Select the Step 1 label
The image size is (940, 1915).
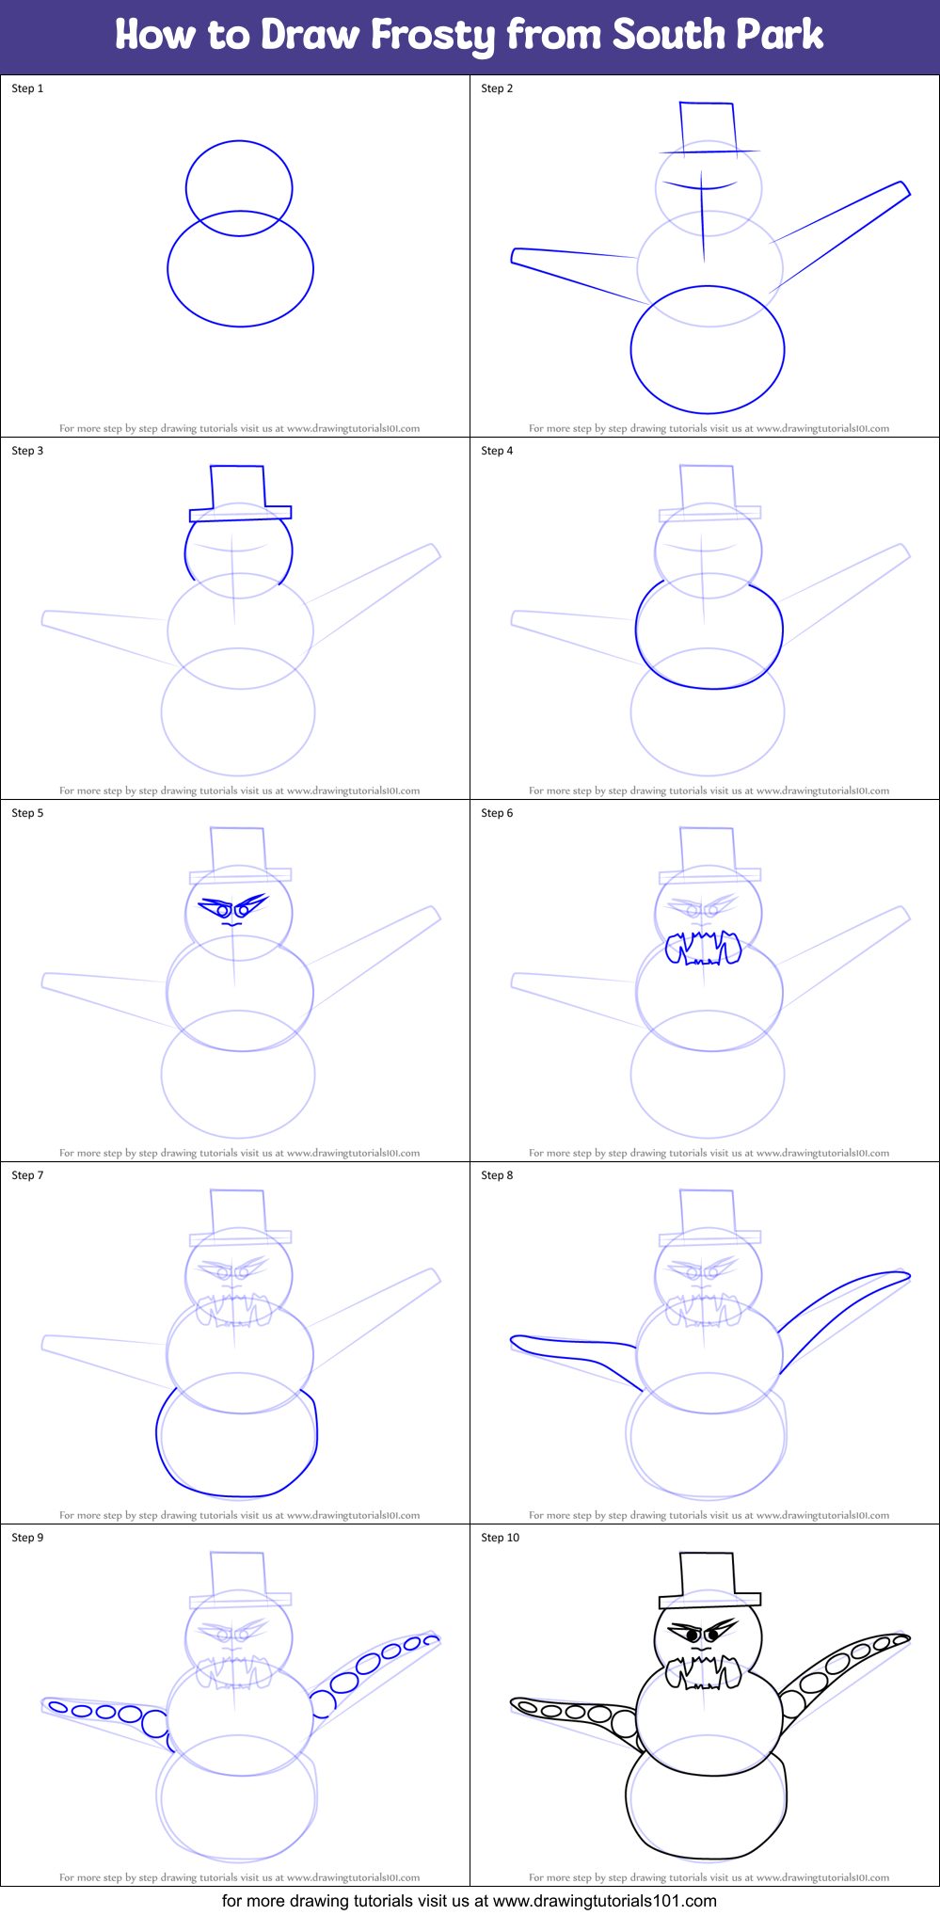[x=27, y=88]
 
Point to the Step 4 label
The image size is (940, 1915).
[x=497, y=451]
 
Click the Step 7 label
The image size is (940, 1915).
[x=27, y=1175]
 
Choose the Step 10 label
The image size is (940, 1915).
[x=500, y=1538]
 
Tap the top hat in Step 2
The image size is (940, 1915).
[x=707, y=127]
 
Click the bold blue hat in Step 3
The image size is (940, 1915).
[x=239, y=491]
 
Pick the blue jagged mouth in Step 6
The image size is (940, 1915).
[x=703, y=949]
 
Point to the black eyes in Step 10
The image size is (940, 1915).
[x=701, y=1636]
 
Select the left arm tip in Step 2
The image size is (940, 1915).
[x=517, y=256]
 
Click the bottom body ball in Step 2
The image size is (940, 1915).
[x=707, y=350]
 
